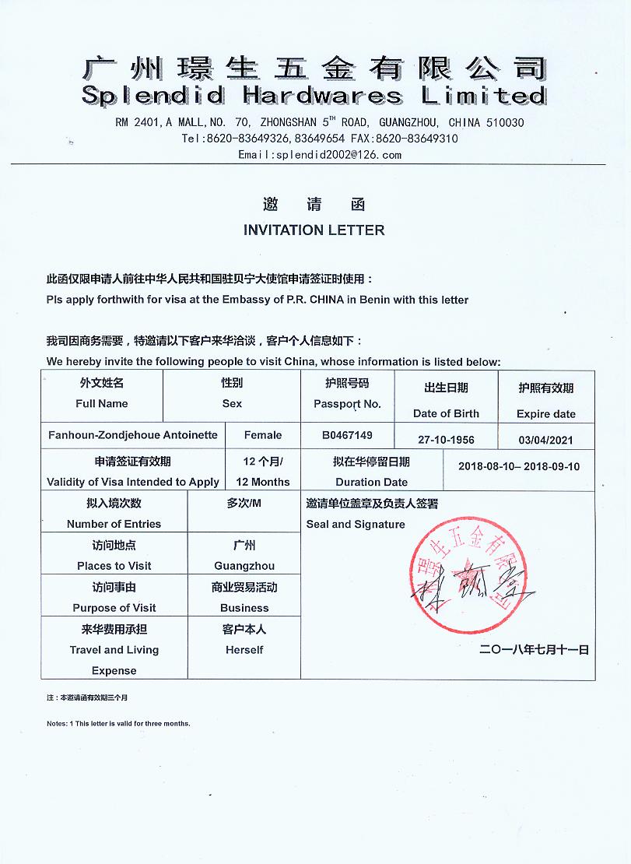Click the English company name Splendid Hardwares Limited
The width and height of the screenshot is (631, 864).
(313, 96)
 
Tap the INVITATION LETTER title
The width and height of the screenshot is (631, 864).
(314, 230)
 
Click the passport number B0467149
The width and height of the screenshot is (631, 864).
(347, 435)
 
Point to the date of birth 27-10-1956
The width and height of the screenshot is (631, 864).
(446, 440)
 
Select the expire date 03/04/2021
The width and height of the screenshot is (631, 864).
(545, 440)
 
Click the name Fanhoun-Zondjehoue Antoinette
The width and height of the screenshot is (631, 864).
(133, 435)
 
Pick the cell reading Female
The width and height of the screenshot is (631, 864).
(263, 435)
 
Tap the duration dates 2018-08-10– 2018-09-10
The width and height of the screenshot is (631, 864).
(519, 466)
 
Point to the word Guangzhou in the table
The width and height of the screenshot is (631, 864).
(244, 566)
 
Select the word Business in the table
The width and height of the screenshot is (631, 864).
(244, 608)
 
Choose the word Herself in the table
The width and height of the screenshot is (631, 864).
(244, 650)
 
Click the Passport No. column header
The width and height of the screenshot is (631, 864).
(347, 404)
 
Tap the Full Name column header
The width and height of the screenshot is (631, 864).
(102, 403)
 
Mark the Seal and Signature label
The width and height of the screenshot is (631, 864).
(356, 524)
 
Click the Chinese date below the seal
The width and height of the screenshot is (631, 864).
(535, 649)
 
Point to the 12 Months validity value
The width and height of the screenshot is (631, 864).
(263, 482)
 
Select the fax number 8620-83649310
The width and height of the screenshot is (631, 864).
(416, 139)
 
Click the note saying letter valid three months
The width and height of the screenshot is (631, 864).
(118, 723)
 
